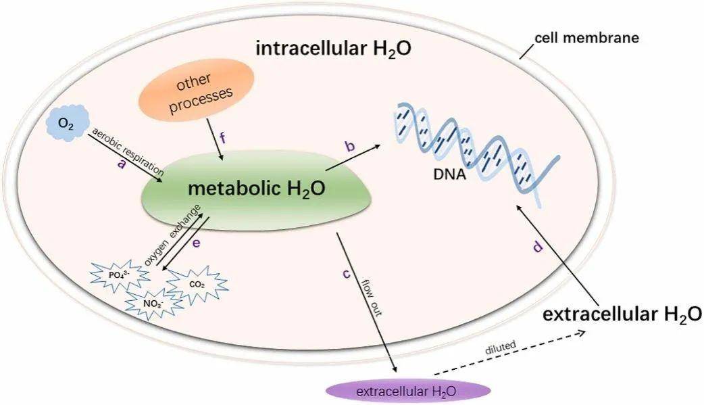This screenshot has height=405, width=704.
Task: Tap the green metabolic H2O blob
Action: coord(257,189)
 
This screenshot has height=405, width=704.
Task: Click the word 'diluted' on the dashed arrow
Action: coord(501,346)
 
